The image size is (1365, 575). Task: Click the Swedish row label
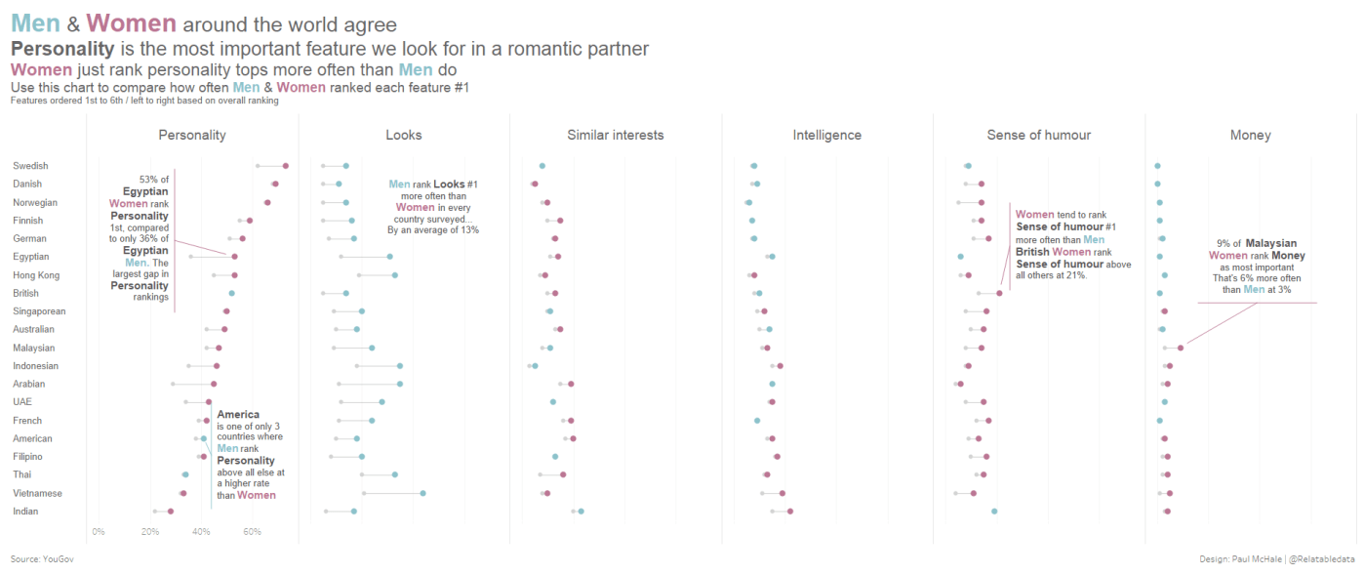click(x=30, y=166)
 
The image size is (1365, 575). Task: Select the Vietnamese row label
click(x=37, y=493)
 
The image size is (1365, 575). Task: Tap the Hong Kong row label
click(x=36, y=275)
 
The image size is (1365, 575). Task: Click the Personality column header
click(x=192, y=135)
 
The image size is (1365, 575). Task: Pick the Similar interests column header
click(x=615, y=135)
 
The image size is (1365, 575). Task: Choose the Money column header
click(x=1250, y=135)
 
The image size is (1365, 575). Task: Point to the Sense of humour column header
click(x=1038, y=135)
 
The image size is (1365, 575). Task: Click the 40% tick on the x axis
click(x=201, y=531)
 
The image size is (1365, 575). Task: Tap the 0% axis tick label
click(x=98, y=531)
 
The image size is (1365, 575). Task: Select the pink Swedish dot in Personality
click(x=286, y=166)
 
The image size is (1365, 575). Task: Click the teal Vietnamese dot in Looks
click(x=422, y=493)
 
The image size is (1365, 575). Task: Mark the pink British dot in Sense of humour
click(x=999, y=293)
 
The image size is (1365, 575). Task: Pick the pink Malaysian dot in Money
click(x=1181, y=348)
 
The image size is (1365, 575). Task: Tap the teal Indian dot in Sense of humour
click(x=994, y=511)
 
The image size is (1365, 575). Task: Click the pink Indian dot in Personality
click(x=171, y=511)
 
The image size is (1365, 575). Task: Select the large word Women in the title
click(x=132, y=23)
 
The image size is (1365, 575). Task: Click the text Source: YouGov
click(x=42, y=559)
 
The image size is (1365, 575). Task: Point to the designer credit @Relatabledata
click(x=1321, y=559)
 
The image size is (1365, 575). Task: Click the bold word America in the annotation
click(x=238, y=415)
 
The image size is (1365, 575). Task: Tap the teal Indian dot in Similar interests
click(x=581, y=511)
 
